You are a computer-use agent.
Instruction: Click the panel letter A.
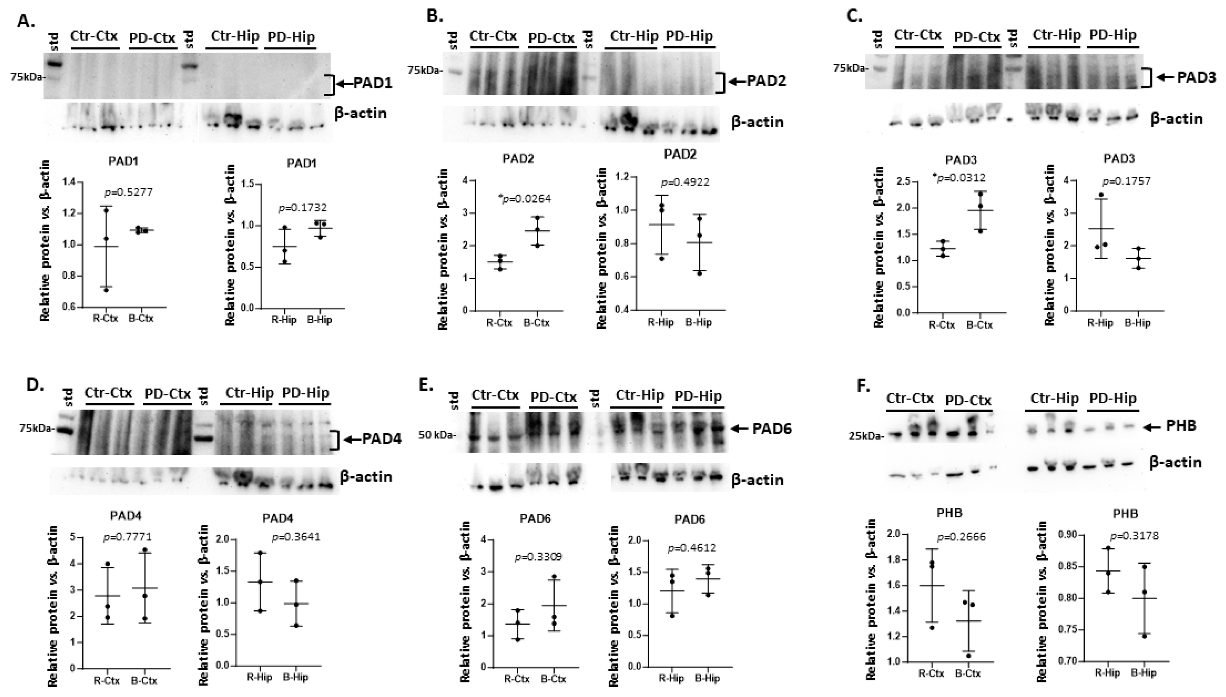coord(25,21)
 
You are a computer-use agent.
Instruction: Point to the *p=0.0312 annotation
coord(959,178)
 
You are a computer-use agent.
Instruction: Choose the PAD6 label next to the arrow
coord(772,428)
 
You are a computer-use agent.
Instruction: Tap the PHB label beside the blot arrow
coord(1181,426)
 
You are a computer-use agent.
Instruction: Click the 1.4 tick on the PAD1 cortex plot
coord(69,182)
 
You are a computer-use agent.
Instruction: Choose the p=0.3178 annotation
coord(1135,536)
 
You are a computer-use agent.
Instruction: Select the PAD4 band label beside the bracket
coord(381,439)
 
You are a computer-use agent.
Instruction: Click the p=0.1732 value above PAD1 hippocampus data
coord(303,208)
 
